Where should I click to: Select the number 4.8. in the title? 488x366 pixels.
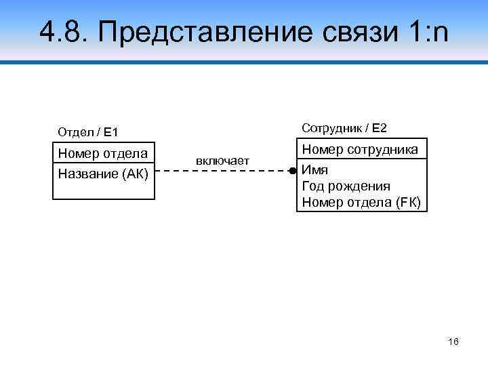62,30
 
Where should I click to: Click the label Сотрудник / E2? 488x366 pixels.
344,127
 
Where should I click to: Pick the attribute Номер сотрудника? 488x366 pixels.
360,149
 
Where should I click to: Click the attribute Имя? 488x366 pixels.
314,170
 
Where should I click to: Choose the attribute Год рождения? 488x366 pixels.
346,186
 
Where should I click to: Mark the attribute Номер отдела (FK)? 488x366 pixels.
361,202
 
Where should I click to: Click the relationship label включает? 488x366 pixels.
222,161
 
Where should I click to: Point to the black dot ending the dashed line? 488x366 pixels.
292,171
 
